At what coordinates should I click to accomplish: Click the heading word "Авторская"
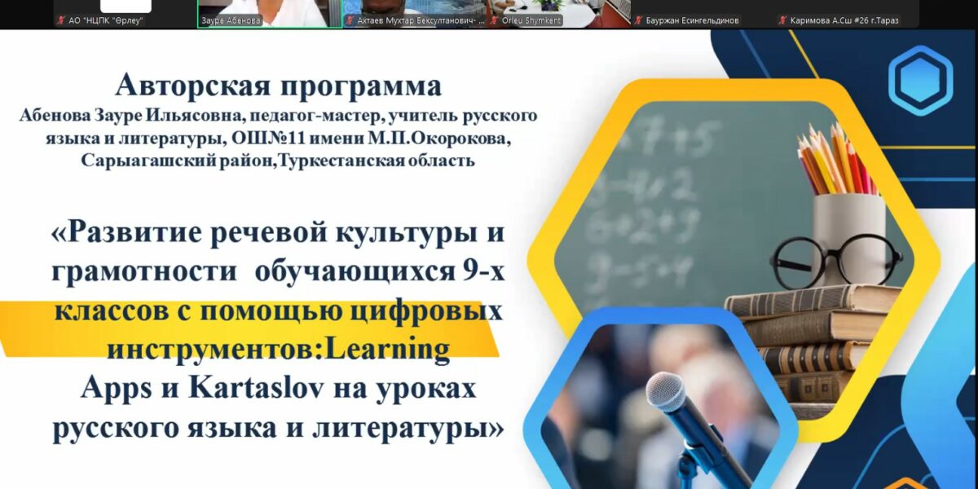pyautogui.click(x=193, y=86)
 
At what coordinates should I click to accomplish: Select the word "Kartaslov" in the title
pyautogui.click(x=256, y=387)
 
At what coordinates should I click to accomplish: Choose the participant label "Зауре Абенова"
pyautogui.click(x=231, y=20)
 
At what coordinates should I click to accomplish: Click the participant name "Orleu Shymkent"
pyautogui.click(x=531, y=20)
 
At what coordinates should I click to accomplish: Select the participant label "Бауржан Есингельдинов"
pyautogui.click(x=692, y=20)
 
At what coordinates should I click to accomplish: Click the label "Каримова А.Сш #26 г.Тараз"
pyautogui.click(x=844, y=20)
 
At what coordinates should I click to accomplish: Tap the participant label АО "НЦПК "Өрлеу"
pyautogui.click(x=106, y=20)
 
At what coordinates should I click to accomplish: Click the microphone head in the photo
pyautogui.click(x=667, y=396)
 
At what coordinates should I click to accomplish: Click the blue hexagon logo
pyautogui.click(x=920, y=81)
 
